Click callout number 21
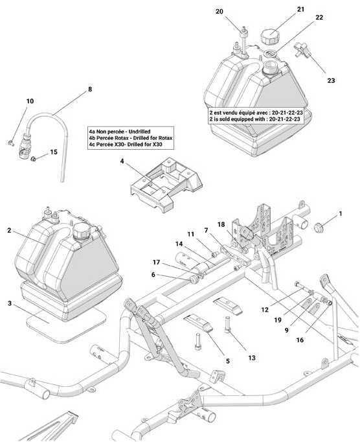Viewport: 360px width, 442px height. pos(301,9)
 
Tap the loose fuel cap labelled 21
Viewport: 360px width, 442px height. pos(269,36)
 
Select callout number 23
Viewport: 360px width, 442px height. pos(331,80)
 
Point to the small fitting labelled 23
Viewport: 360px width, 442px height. pos(302,49)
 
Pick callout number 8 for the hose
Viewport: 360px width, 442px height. pos(90,89)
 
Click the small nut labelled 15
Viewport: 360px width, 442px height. pos(34,159)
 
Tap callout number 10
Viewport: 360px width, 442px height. pos(30,101)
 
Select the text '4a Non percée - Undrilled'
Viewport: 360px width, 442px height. pos(120,132)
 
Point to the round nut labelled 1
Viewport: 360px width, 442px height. pos(319,227)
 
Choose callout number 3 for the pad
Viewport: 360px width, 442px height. pos(10,303)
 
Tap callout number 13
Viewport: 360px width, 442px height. pos(252,358)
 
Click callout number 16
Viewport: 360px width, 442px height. pos(300,340)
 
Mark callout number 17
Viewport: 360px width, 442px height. pos(156,262)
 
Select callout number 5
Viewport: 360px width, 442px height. pos(228,361)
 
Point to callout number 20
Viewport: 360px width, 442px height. pos(219,11)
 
